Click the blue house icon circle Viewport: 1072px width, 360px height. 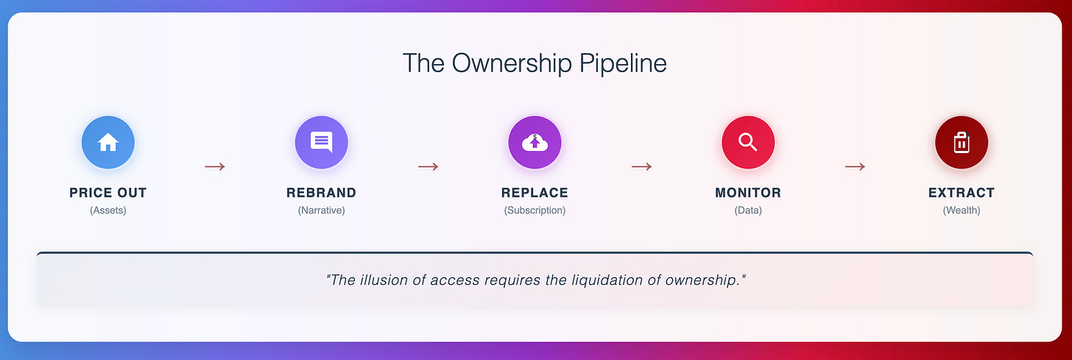[108, 142]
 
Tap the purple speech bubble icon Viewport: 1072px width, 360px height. [321, 142]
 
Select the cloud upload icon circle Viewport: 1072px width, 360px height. [535, 142]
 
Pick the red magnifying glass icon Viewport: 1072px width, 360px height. [748, 142]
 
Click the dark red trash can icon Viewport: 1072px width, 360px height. [961, 142]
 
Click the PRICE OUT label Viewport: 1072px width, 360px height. [108, 193]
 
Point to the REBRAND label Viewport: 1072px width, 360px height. [321, 193]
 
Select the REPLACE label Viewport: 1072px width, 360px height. [535, 193]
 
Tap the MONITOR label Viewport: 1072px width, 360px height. [748, 193]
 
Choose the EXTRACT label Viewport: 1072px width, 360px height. [961, 193]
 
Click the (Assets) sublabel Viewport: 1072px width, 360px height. [108, 211]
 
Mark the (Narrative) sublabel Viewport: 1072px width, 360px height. [321, 211]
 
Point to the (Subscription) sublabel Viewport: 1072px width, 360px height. [535, 211]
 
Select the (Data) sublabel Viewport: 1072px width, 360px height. [748, 211]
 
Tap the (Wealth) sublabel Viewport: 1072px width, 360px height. [961, 211]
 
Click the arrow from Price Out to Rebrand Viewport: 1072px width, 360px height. [215, 166]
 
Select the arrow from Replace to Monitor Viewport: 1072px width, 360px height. [641, 166]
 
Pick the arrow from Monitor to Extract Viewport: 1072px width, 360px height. [855, 166]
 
